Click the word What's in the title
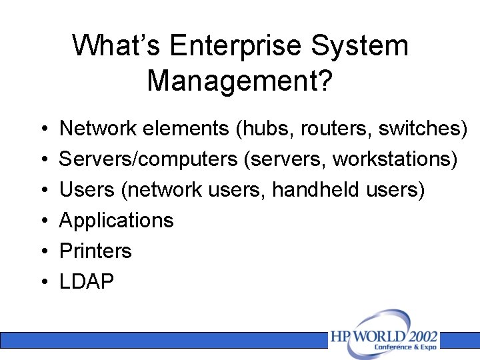pyautogui.click(x=117, y=47)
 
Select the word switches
pyautogui.click(x=419, y=129)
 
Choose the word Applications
pyautogui.click(x=117, y=221)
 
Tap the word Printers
pyautogui.click(x=95, y=251)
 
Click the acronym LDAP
pyautogui.click(x=87, y=282)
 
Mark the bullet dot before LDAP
pyautogui.click(x=42, y=283)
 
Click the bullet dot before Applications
pyautogui.click(x=42, y=221)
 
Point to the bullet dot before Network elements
pyautogui.click(x=42, y=129)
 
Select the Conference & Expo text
pyautogui.click(x=405, y=347)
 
